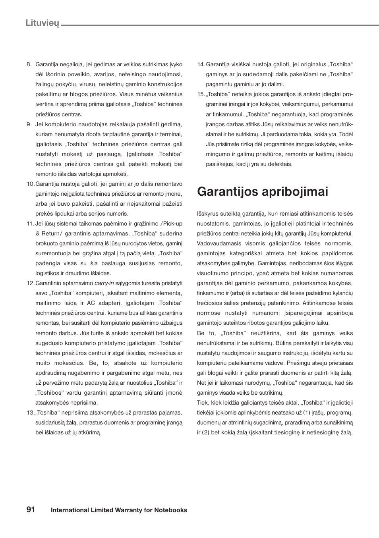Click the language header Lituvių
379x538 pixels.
coord(42,23)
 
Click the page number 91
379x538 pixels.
coord(31,509)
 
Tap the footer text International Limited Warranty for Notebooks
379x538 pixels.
coord(119,510)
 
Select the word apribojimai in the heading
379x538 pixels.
coord(294,191)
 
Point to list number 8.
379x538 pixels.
coord(29,64)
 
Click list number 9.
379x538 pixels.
coord(29,124)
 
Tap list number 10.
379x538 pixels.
coord(30,184)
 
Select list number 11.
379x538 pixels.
coord(30,224)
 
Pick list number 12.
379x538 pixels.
coord(30,283)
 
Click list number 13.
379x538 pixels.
coord(30,413)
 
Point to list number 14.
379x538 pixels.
coord(201,64)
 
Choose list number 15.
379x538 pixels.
coord(201,94)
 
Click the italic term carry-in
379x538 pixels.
coord(104,283)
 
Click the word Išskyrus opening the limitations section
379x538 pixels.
coord(208,214)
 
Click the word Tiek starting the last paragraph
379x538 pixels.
coord(203,403)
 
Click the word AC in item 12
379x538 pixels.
coord(91,303)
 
